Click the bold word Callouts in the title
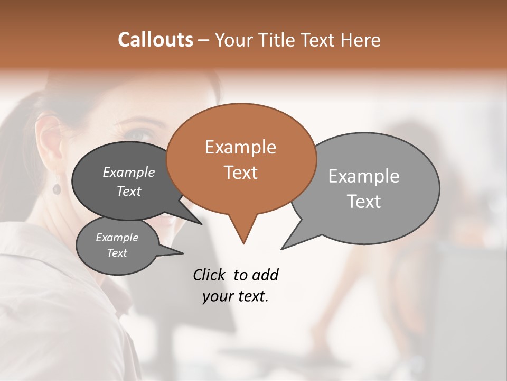(x=155, y=40)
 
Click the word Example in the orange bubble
(x=240, y=147)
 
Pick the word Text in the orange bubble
(x=240, y=173)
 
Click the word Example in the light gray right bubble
(x=364, y=176)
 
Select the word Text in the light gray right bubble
(x=364, y=202)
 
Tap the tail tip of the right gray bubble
(x=282, y=249)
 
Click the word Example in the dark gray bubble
(x=129, y=172)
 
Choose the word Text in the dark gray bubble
(x=129, y=191)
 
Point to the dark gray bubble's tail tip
(x=202, y=224)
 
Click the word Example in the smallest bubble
(x=117, y=238)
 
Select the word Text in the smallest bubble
(x=117, y=253)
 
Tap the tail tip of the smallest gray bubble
(x=183, y=253)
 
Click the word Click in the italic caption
(x=209, y=275)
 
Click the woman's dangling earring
(x=57, y=188)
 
